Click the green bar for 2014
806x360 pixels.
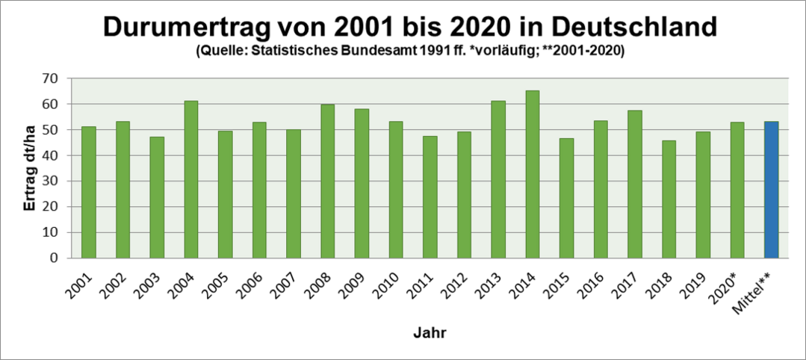click(x=533, y=174)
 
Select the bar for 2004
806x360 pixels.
click(x=191, y=179)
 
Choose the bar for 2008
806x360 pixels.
click(x=328, y=181)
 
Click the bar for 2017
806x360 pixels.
click(x=635, y=184)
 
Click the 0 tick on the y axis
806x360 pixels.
click(x=55, y=258)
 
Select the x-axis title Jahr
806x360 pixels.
click(x=430, y=333)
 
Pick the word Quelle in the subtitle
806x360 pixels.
click(x=218, y=52)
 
